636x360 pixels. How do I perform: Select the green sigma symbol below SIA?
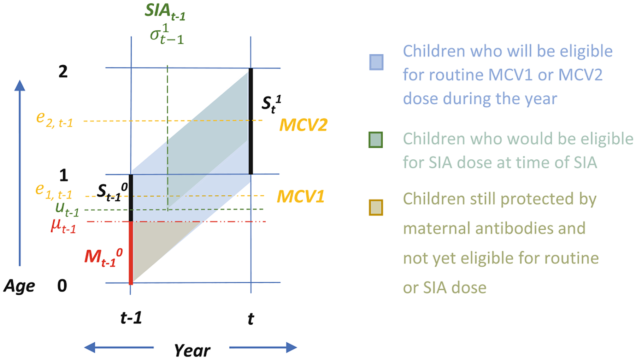tap(167, 35)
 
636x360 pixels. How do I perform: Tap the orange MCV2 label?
tap(303, 125)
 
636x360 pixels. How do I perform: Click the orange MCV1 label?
tap(300, 196)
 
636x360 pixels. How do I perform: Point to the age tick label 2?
tap(63, 72)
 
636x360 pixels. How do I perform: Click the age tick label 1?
tap(64, 175)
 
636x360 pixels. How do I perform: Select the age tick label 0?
tap(62, 285)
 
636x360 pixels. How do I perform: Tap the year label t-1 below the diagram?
tap(131, 318)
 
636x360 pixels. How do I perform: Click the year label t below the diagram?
tap(251, 319)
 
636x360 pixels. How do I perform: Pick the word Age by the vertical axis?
tap(19, 286)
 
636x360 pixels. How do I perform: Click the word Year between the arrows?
tap(192, 350)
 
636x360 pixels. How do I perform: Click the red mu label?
tap(63, 226)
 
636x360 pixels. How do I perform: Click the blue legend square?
tap(376, 62)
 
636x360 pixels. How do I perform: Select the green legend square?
tap(375, 140)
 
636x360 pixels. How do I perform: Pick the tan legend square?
tap(376, 207)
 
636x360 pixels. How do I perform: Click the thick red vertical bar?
tap(131, 253)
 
